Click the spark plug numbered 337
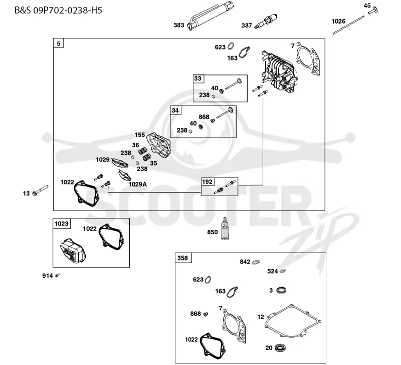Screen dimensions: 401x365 (266, 21)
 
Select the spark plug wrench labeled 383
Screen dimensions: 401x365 (210, 16)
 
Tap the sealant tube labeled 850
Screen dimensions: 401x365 (225, 228)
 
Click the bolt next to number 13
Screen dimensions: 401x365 (41, 190)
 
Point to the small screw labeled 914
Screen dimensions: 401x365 (58, 275)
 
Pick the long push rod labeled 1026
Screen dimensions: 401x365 (348, 24)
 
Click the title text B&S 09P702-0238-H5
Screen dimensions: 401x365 (58, 10)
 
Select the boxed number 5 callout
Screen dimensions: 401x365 (59, 43)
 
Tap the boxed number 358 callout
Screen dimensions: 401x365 (182, 258)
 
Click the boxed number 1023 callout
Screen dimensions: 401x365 (61, 223)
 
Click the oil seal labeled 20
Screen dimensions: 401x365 (280, 347)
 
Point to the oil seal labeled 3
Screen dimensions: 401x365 (281, 290)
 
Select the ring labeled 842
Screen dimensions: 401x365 (256, 261)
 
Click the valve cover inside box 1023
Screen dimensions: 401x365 (73, 250)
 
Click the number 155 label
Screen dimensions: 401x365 (140, 134)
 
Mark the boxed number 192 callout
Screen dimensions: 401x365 (208, 182)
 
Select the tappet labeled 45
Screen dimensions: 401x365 (373, 10)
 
